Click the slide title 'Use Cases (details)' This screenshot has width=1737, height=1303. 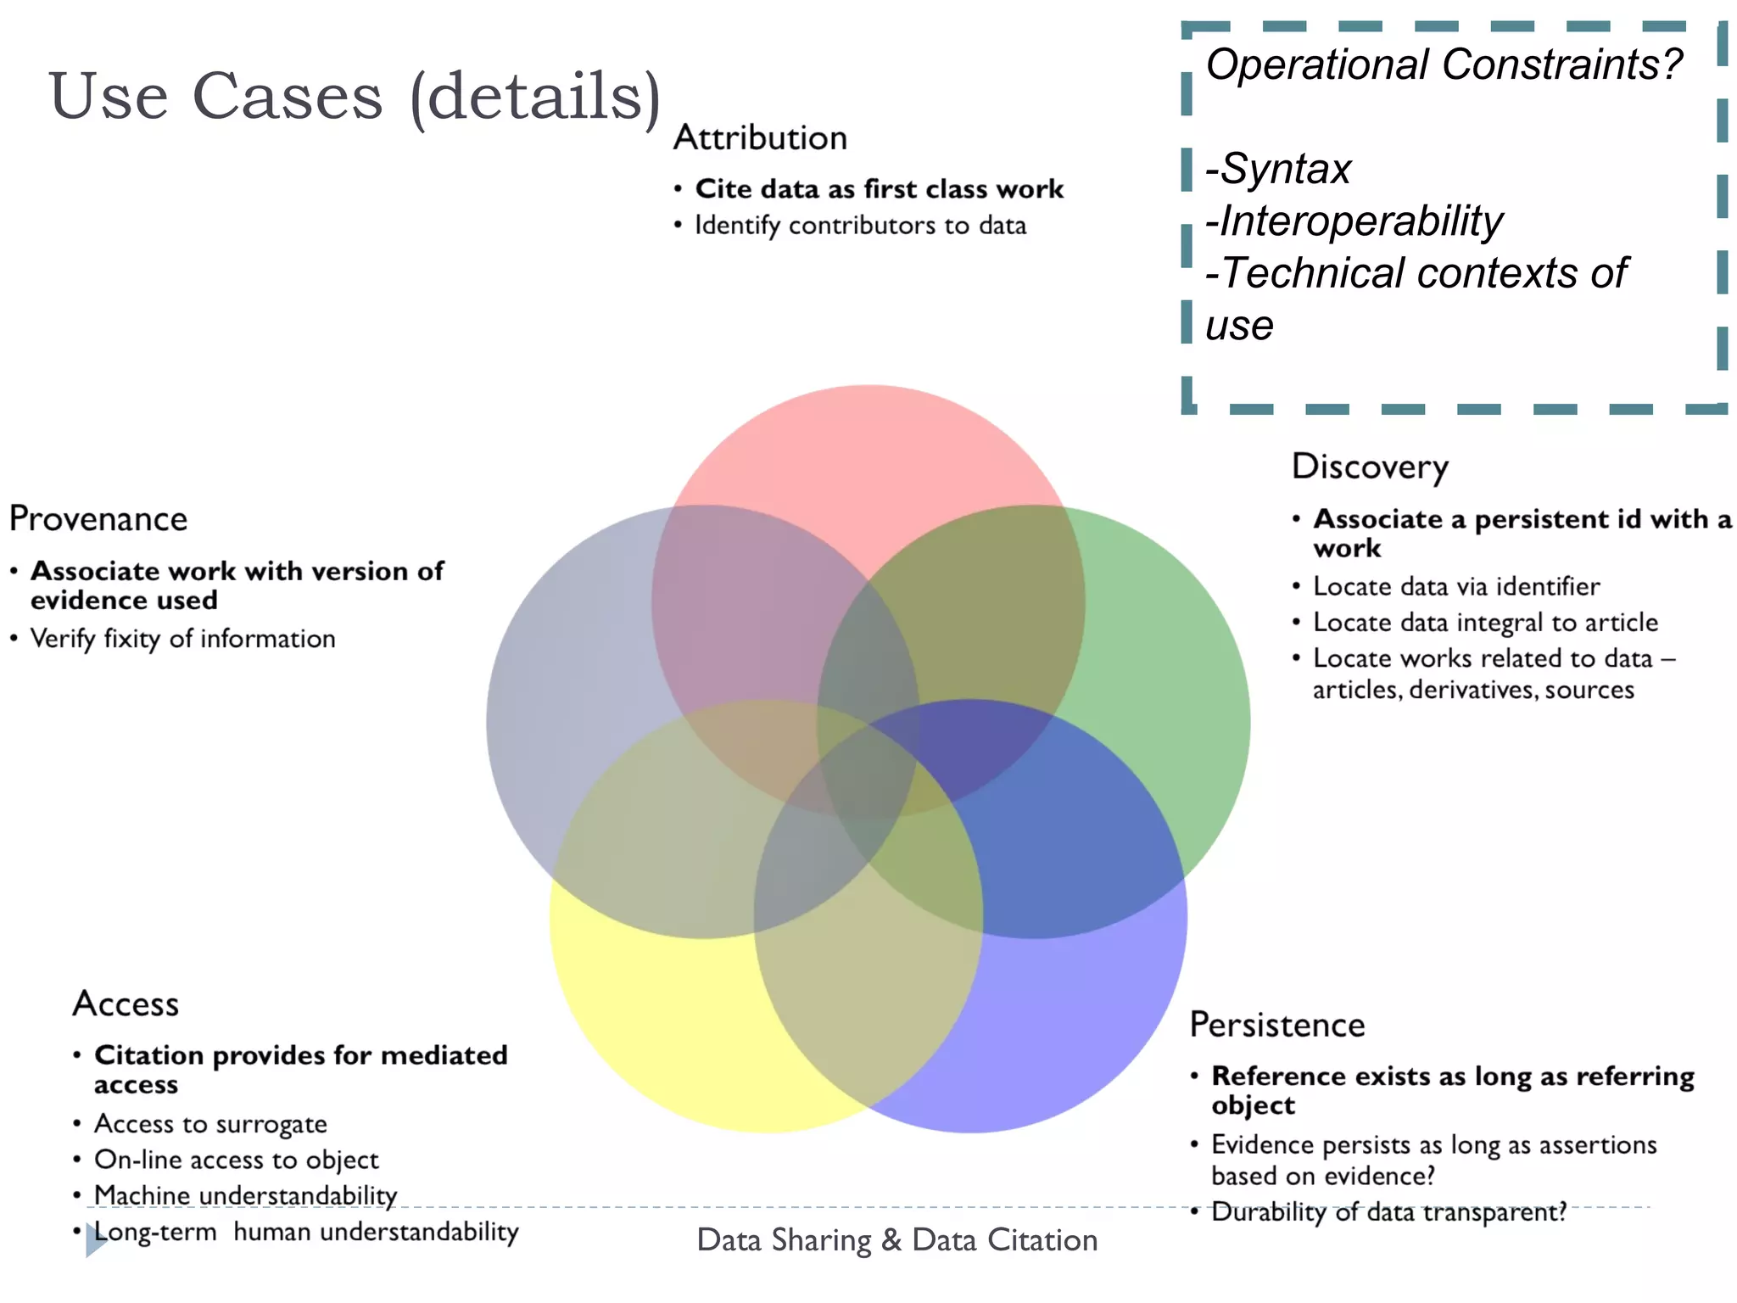tap(355, 96)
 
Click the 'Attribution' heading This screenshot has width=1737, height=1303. tap(760, 137)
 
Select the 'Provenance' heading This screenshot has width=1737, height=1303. tap(98, 518)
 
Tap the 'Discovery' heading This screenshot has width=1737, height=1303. tap(1370, 467)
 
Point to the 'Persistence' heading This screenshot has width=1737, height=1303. tap(1276, 1025)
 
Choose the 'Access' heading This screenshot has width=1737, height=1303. tap(126, 1004)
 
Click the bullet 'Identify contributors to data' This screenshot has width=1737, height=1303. tap(860, 226)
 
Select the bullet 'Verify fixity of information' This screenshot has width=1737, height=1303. tap(182, 639)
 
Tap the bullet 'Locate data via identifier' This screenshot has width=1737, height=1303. tap(1455, 586)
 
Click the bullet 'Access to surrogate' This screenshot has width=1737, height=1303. tap(210, 1124)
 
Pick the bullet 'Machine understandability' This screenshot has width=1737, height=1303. tap(245, 1195)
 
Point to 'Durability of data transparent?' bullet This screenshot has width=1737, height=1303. tap(1388, 1212)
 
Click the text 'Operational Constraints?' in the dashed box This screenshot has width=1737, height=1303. tap(1444, 64)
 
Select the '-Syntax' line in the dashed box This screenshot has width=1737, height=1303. tap(1279, 168)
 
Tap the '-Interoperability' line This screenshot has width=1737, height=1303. tap(1354, 221)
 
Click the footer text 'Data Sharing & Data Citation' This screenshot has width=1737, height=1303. tap(896, 1240)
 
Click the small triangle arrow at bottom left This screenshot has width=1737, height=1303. tap(95, 1240)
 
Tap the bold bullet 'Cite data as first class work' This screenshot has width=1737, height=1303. tap(879, 188)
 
